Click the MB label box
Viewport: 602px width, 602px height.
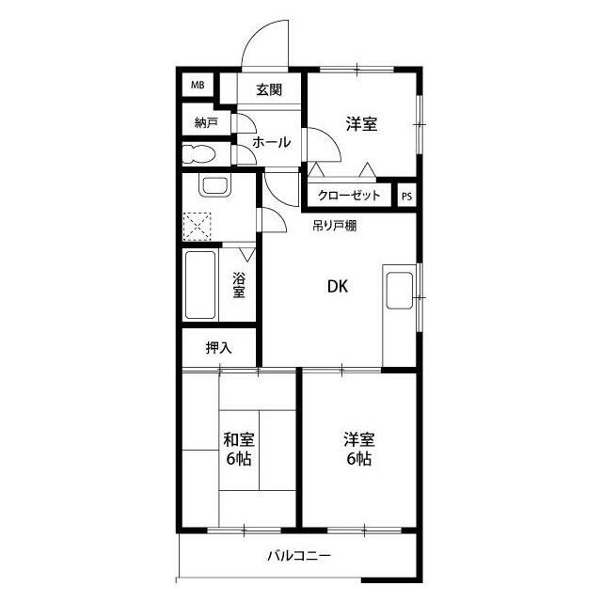pyautogui.click(x=198, y=86)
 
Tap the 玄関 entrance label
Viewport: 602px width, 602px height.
pyautogui.click(x=269, y=90)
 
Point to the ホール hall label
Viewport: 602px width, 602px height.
pyautogui.click(x=271, y=143)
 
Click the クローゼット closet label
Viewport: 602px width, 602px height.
pyautogui.click(x=349, y=196)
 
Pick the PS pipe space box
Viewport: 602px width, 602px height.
pyautogui.click(x=406, y=196)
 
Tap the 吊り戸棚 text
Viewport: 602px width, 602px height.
pyautogui.click(x=334, y=226)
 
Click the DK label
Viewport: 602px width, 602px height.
pyautogui.click(x=337, y=288)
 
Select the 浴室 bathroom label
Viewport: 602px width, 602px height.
pyautogui.click(x=239, y=284)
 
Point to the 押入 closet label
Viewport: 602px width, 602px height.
pyautogui.click(x=218, y=347)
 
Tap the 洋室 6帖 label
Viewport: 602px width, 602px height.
pyautogui.click(x=358, y=450)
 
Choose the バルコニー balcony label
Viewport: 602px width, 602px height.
pyautogui.click(x=298, y=556)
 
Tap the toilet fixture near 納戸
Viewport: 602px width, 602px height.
pyautogui.click(x=199, y=154)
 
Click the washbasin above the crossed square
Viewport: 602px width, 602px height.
pyautogui.click(x=214, y=185)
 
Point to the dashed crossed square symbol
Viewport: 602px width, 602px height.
pyautogui.click(x=198, y=227)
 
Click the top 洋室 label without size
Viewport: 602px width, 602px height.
pyautogui.click(x=361, y=123)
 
